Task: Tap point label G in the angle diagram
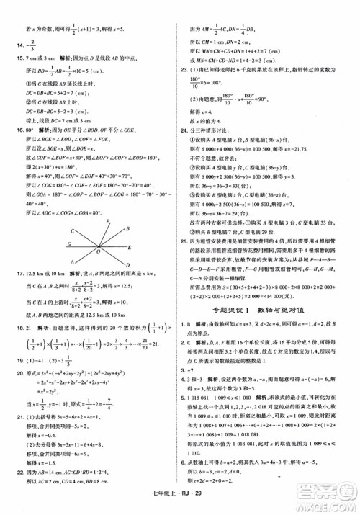pyautogui.click(x=69, y=243)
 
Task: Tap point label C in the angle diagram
pyautogui.click(x=73, y=231)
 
